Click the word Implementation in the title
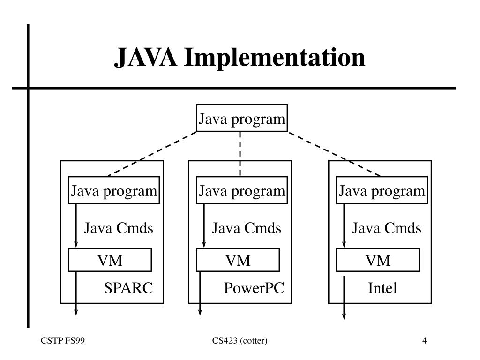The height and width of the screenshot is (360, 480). point(275,58)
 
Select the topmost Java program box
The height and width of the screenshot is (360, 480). point(242,118)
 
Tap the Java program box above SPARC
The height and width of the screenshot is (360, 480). point(114,190)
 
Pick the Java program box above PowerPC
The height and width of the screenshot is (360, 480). point(242,190)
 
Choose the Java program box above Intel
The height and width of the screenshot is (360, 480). point(382,190)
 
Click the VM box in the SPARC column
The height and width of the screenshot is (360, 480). point(110,260)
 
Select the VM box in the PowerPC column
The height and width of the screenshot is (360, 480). point(238,260)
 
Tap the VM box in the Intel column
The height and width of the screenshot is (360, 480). point(378,260)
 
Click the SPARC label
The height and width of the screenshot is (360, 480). point(128,288)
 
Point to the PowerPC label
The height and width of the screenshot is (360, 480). point(254,288)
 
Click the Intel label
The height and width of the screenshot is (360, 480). point(382,288)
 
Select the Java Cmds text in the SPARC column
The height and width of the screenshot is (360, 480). point(119,228)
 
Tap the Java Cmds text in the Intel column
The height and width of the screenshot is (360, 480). point(387,228)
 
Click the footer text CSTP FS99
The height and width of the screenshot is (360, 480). point(63,340)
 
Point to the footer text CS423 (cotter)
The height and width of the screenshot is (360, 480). point(240,340)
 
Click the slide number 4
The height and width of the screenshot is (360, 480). point(425,340)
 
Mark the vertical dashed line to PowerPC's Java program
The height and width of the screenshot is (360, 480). point(240,154)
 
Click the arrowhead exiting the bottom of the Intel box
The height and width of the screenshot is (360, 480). point(344,316)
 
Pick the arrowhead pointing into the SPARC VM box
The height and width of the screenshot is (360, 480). point(76,244)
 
